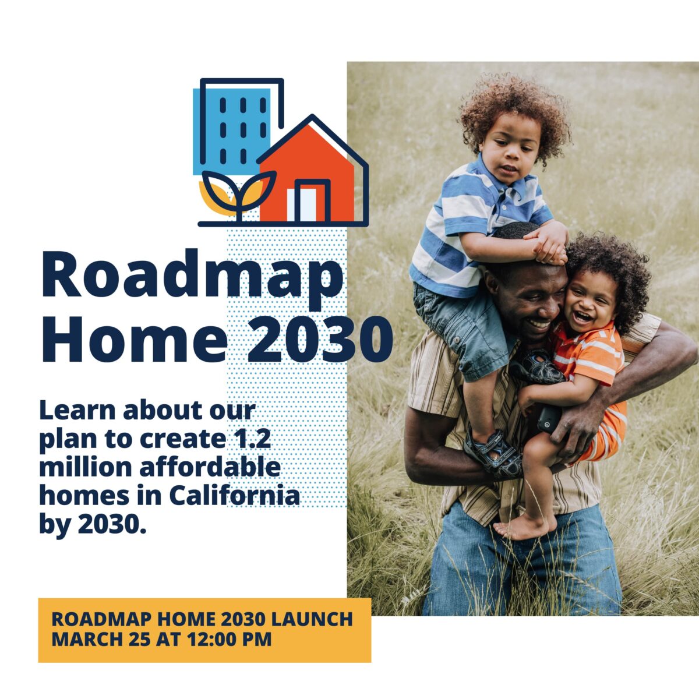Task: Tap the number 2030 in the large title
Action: click(320, 340)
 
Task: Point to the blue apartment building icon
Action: click(232, 130)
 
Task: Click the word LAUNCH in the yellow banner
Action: click(312, 619)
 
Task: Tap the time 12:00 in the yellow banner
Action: click(211, 639)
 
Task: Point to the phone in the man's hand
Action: click(549, 419)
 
